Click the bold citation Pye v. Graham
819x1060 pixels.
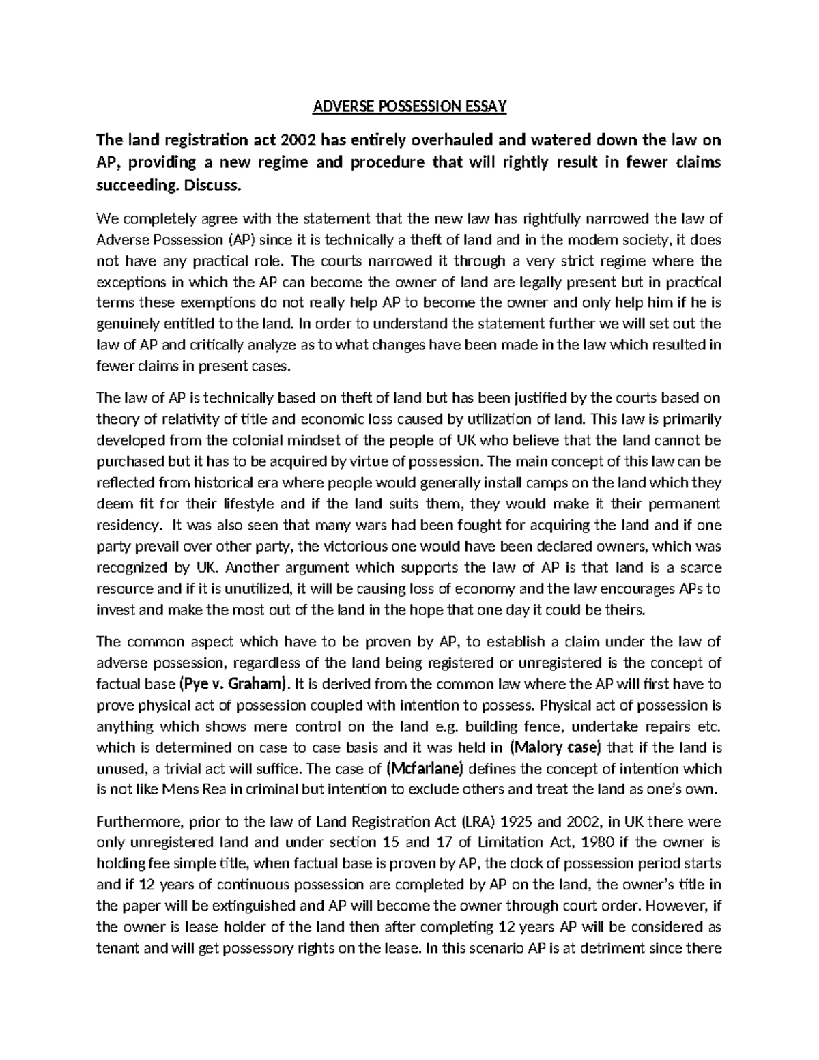pyautogui.click(x=234, y=684)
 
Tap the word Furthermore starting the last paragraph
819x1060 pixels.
pyautogui.click(x=132, y=821)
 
